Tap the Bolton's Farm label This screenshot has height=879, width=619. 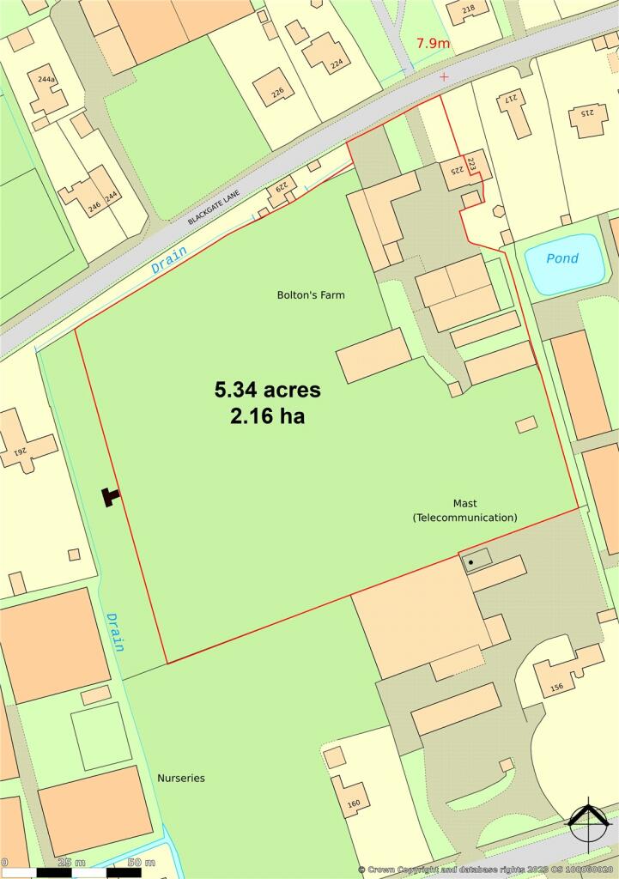[x=311, y=294]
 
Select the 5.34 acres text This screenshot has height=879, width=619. [x=267, y=390]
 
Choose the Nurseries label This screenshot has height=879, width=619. [x=180, y=778]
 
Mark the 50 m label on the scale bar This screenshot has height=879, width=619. [x=141, y=862]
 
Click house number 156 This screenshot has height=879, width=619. [x=555, y=686]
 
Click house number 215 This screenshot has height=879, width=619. [x=588, y=114]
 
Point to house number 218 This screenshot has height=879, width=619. [x=468, y=9]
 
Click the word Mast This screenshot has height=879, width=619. [x=465, y=503]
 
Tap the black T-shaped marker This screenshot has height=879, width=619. [x=110, y=496]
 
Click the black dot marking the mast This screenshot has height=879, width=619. [x=470, y=562]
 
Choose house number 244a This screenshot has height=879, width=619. [x=46, y=80]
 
